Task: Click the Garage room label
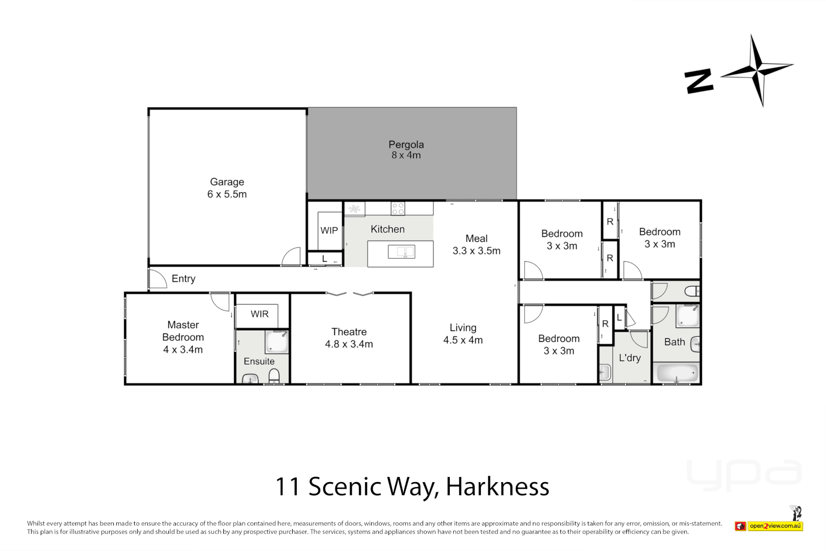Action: click(x=227, y=182)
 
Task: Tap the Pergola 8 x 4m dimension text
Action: click(x=406, y=156)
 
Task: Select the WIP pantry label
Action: click(x=329, y=231)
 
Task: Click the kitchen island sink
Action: click(x=401, y=252)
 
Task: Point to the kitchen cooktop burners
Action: click(x=398, y=208)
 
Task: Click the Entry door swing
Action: click(x=157, y=278)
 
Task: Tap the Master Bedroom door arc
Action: click(x=221, y=301)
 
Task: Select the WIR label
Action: click(x=260, y=314)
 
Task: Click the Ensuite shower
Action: click(x=277, y=342)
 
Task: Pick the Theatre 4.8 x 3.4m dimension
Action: click(x=349, y=344)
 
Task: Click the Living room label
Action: click(x=462, y=328)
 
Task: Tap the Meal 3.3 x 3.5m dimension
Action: click(x=476, y=251)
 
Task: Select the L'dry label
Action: click(x=630, y=358)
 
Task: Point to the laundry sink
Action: click(x=605, y=372)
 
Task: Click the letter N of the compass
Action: click(x=699, y=82)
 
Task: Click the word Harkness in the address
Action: click(x=497, y=487)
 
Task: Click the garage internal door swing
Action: click(x=292, y=256)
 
